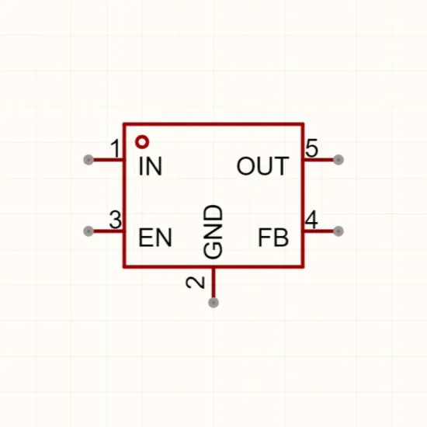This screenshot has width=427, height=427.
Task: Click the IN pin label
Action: click(151, 166)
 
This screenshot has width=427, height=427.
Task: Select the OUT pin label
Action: click(262, 166)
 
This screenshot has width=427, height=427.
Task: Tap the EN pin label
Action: click(155, 238)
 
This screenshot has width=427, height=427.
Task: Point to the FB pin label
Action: click(273, 238)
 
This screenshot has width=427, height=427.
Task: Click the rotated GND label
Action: click(213, 232)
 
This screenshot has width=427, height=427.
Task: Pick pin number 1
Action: click(116, 148)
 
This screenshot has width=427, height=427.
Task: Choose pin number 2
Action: click(195, 283)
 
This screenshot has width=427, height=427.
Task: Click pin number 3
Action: click(115, 220)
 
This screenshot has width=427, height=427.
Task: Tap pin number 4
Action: click(311, 220)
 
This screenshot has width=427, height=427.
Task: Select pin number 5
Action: click(311, 148)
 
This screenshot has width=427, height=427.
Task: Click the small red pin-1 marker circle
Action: click(142, 142)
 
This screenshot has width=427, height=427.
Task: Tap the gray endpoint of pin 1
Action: click(89, 160)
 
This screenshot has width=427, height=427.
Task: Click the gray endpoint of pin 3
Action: click(89, 231)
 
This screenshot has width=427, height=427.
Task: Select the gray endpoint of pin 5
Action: click(338, 160)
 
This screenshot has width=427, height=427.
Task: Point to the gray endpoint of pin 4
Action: click(338, 231)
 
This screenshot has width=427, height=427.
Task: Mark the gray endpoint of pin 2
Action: click(213, 303)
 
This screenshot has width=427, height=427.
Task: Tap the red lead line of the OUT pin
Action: click(319, 160)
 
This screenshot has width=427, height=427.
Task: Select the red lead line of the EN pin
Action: click(108, 231)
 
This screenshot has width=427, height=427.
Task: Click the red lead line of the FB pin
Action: click(319, 231)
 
